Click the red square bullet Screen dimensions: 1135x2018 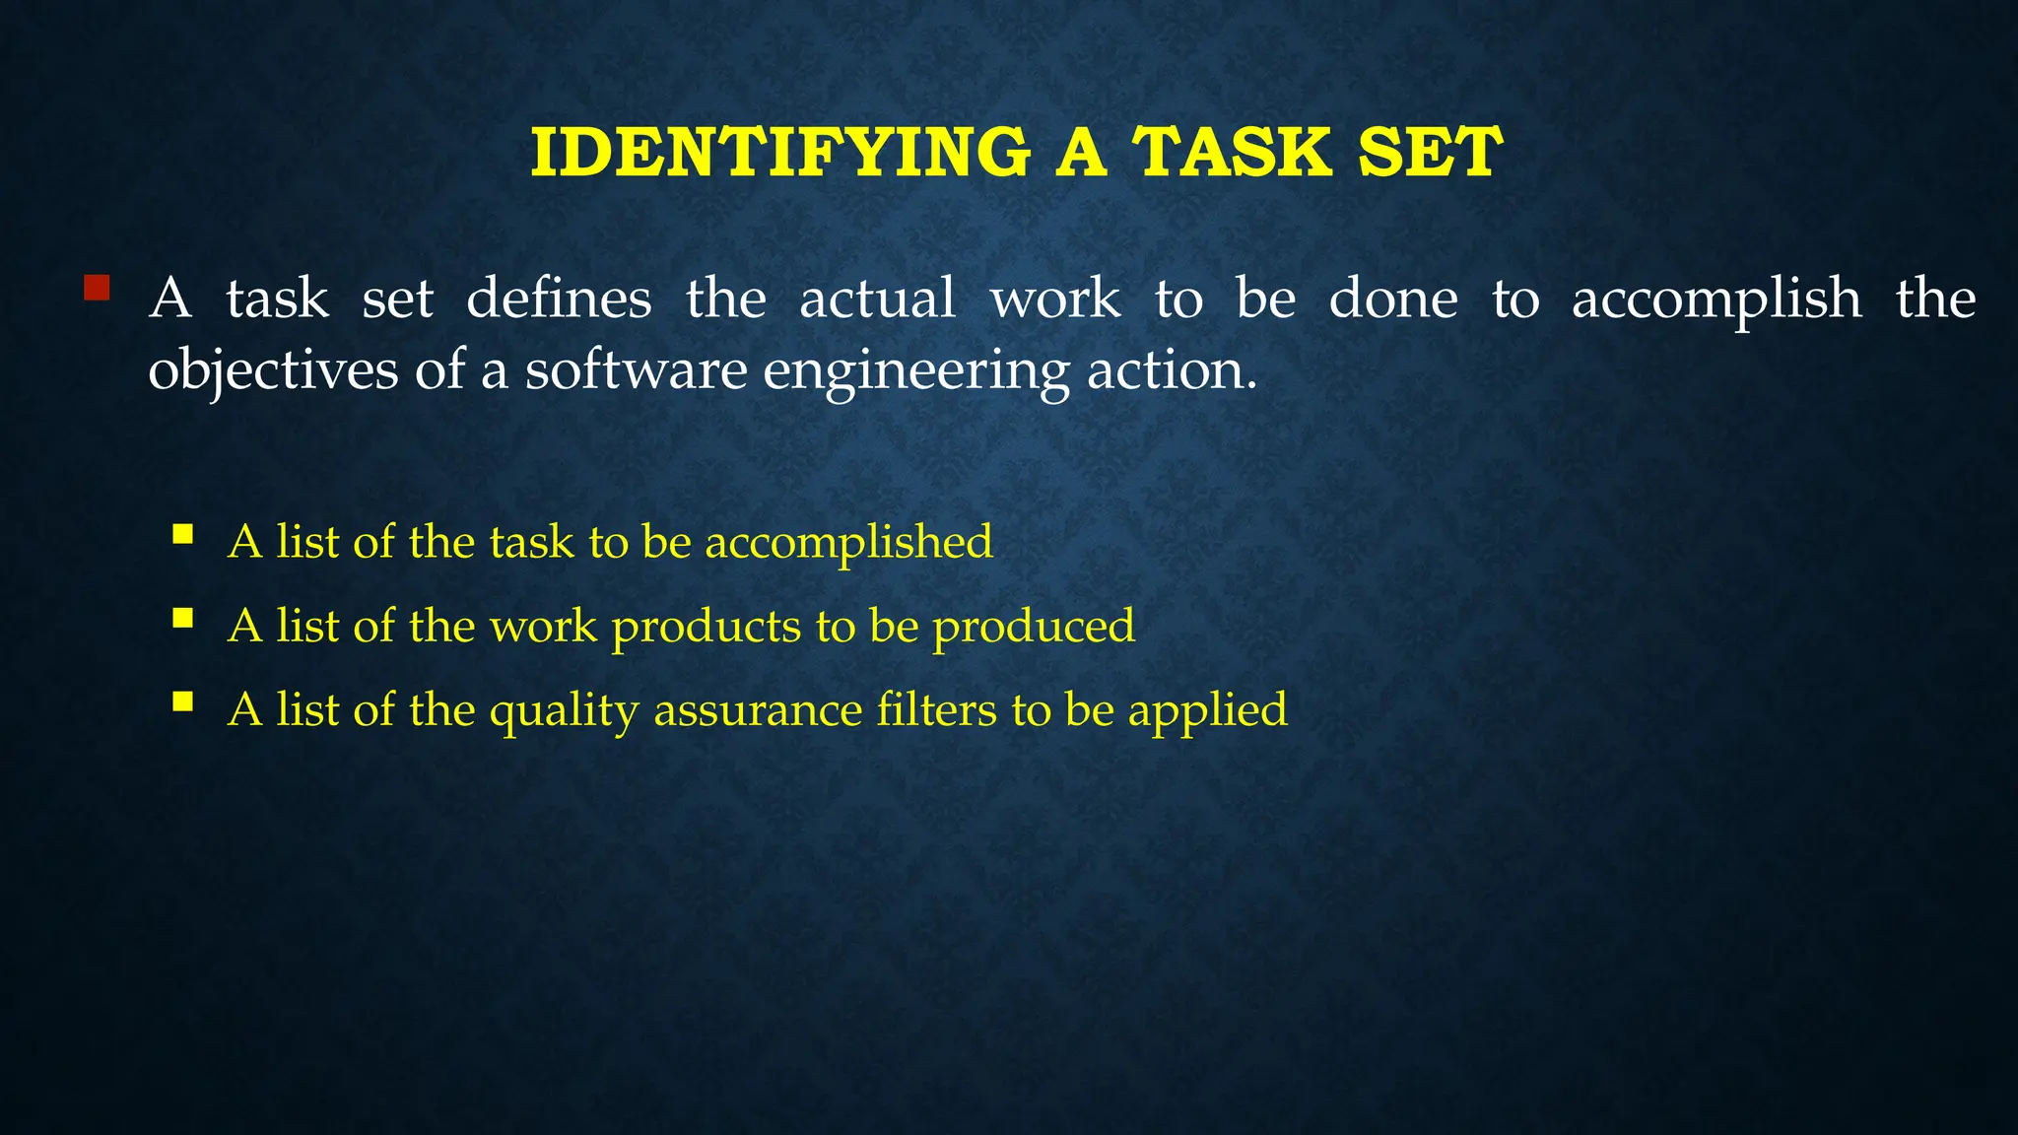(96, 288)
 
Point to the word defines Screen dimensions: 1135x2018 (559, 299)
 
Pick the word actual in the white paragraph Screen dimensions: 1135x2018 (877, 299)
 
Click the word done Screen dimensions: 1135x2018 (1392, 299)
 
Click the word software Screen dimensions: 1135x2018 (636, 370)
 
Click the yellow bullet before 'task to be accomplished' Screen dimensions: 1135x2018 (182, 534)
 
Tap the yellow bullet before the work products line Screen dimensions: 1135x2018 (182, 618)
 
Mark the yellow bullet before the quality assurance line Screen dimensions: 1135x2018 (182, 701)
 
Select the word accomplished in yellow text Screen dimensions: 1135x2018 (848, 543)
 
